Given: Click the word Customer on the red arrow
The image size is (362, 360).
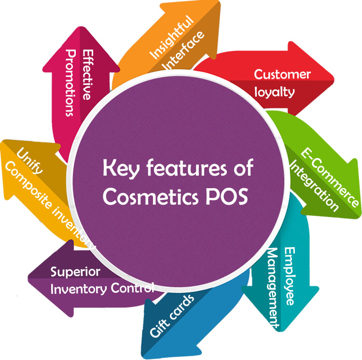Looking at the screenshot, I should [282, 75].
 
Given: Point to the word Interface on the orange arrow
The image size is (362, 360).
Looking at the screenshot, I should [184, 51].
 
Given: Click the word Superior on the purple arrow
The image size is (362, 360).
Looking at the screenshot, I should [75, 272].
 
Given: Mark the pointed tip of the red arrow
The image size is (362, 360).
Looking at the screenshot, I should [334, 77].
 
